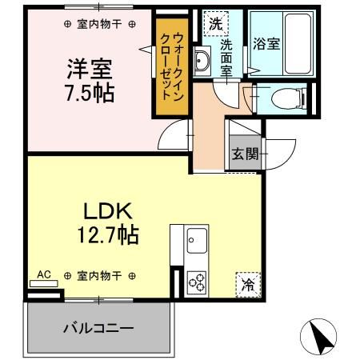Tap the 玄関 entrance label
(x=246, y=154)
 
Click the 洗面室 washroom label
(x=226, y=57)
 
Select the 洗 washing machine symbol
(x=214, y=23)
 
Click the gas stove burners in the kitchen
(x=198, y=281)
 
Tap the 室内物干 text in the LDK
(x=99, y=276)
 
